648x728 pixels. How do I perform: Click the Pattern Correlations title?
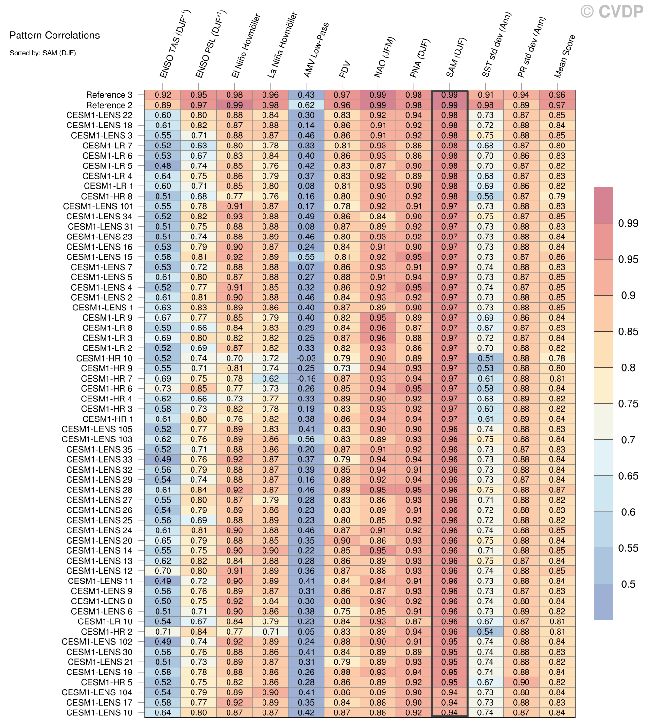pyautogui.click(x=54, y=36)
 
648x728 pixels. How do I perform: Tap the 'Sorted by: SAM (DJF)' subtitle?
pyautogui.click(x=43, y=53)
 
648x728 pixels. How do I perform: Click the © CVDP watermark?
pyautogui.click(x=612, y=11)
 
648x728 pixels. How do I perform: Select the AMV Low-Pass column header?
pyautogui.click(x=316, y=50)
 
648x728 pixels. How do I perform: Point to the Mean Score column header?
pyautogui.click(x=565, y=56)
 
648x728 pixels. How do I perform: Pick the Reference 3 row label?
pyautogui.click(x=109, y=95)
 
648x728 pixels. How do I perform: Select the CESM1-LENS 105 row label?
pyautogui.click(x=97, y=429)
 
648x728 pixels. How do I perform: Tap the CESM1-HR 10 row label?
pyautogui.click(x=104, y=358)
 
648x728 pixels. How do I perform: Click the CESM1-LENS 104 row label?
pyautogui.click(x=97, y=692)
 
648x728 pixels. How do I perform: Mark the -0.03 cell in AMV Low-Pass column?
pyautogui.click(x=306, y=358)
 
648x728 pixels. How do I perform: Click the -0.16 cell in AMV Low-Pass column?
pyautogui.click(x=306, y=379)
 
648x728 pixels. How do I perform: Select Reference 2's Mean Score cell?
pyautogui.click(x=557, y=105)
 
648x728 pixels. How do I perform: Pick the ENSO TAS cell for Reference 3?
pyautogui.click(x=163, y=95)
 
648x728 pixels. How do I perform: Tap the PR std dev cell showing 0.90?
pyautogui.click(x=521, y=682)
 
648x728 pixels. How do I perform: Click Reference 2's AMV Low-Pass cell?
pyautogui.click(x=306, y=105)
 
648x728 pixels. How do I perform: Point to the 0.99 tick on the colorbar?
pyautogui.click(x=628, y=223)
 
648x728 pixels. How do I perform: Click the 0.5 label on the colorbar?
pyautogui.click(x=628, y=584)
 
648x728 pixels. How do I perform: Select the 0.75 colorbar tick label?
pyautogui.click(x=628, y=403)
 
